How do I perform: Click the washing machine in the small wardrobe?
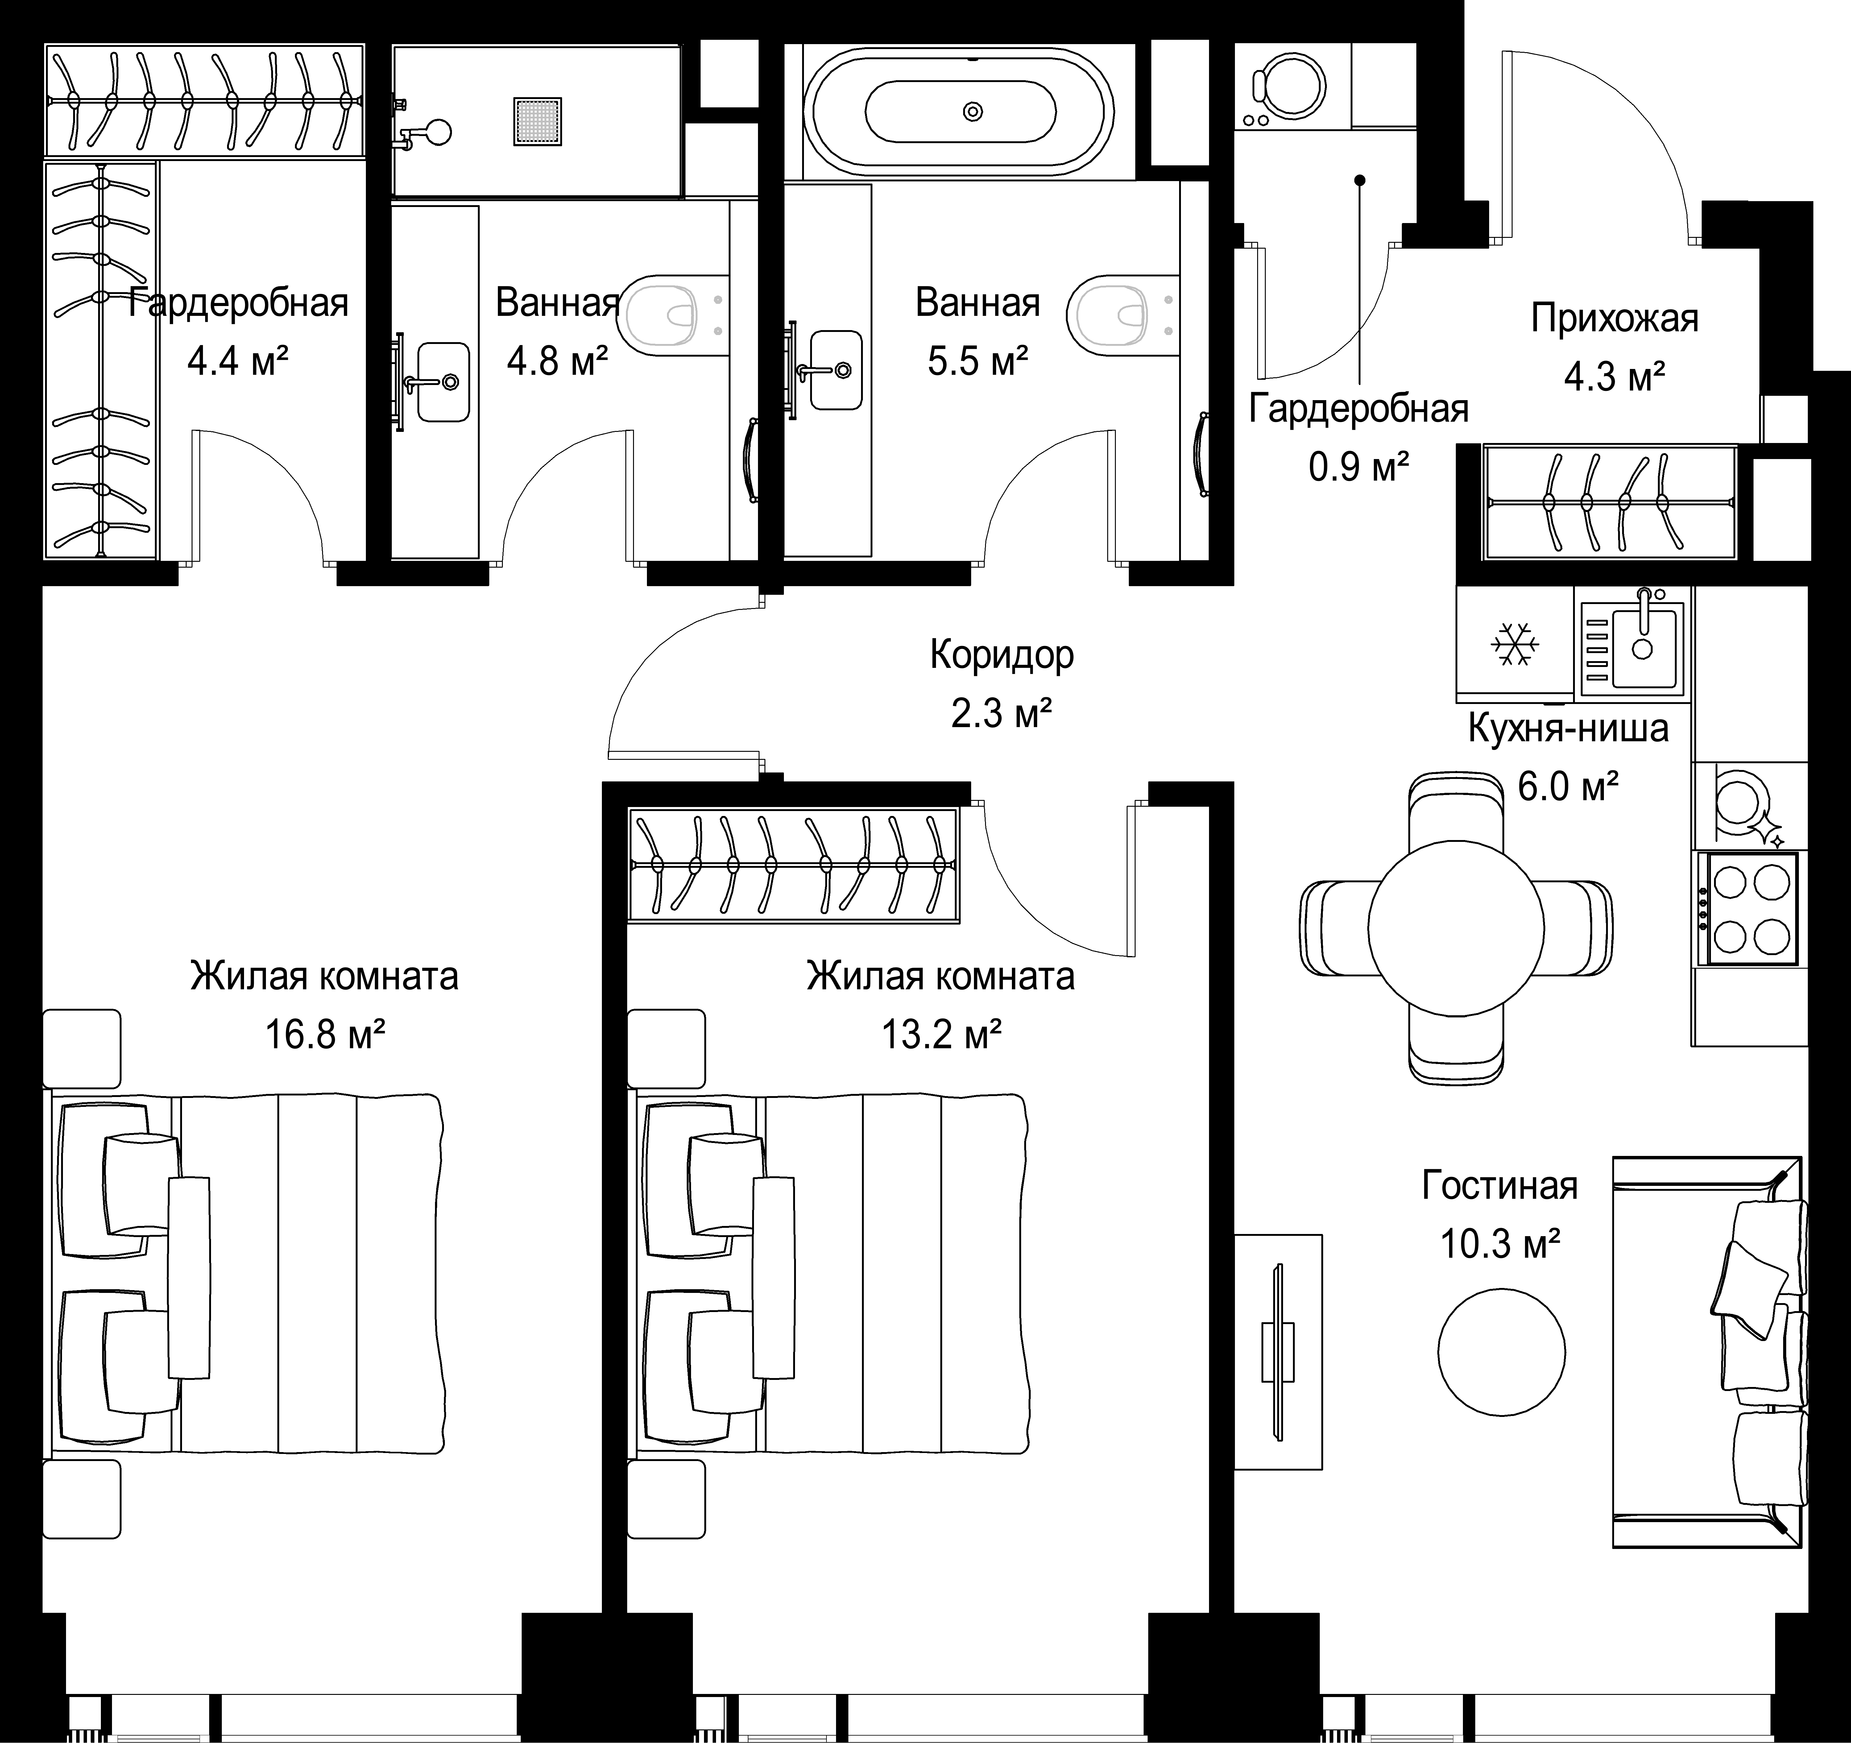point(1292,87)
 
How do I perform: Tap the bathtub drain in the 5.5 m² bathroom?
point(973,112)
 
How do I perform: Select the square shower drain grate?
point(537,120)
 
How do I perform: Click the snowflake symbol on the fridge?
point(1515,644)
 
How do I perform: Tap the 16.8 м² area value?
point(326,1033)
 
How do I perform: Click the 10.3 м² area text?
point(1500,1243)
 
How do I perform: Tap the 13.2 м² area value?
point(941,1033)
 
